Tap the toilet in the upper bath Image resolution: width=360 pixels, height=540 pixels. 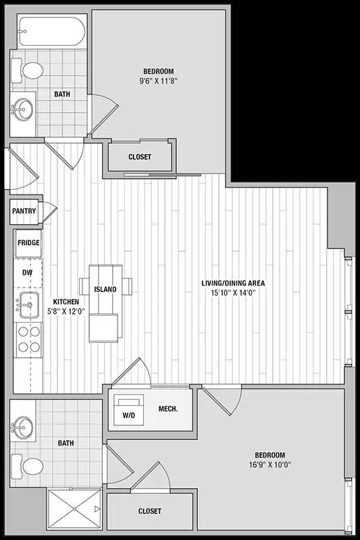[x=29, y=70]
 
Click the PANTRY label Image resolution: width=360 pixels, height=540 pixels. [x=24, y=211]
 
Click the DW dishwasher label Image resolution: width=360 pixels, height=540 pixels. [x=28, y=273]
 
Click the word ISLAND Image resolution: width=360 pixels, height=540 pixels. [x=105, y=290]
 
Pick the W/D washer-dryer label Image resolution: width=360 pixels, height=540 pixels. [x=128, y=415]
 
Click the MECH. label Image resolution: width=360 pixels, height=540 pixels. [x=168, y=409]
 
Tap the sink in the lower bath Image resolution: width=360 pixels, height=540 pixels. [x=24, y=427]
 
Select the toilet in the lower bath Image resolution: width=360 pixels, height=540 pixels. [x=29, y=466]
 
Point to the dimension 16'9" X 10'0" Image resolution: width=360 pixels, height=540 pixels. [x=269, y=464]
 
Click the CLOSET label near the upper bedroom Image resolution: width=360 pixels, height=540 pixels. [x=140, y=157]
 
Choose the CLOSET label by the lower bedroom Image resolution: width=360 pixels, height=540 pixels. [x=149, y=512]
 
